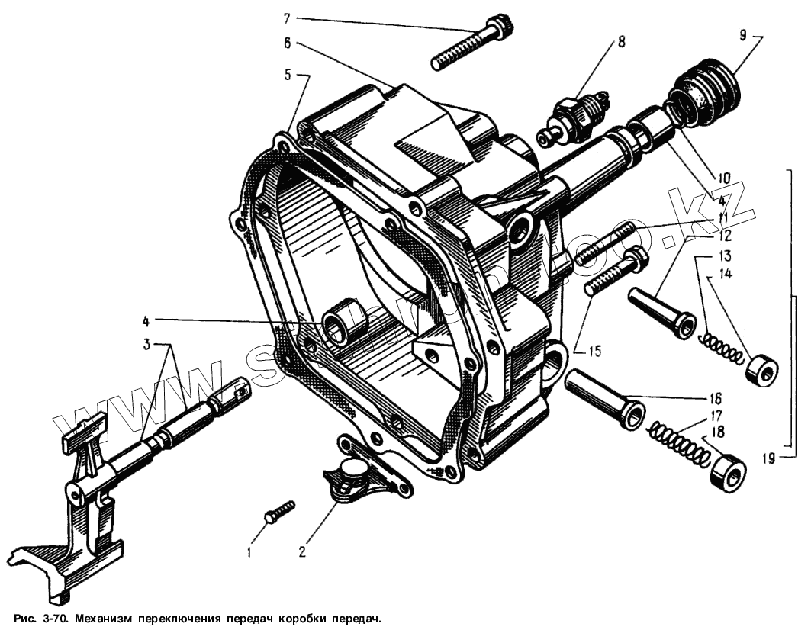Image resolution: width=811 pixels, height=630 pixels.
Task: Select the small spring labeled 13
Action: point(720,347)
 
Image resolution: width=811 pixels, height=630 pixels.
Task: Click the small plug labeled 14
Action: point(761,371)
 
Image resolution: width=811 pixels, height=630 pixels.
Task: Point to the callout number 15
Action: point(594,352)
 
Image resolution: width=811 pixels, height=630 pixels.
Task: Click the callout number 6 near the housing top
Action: point(287,43)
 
